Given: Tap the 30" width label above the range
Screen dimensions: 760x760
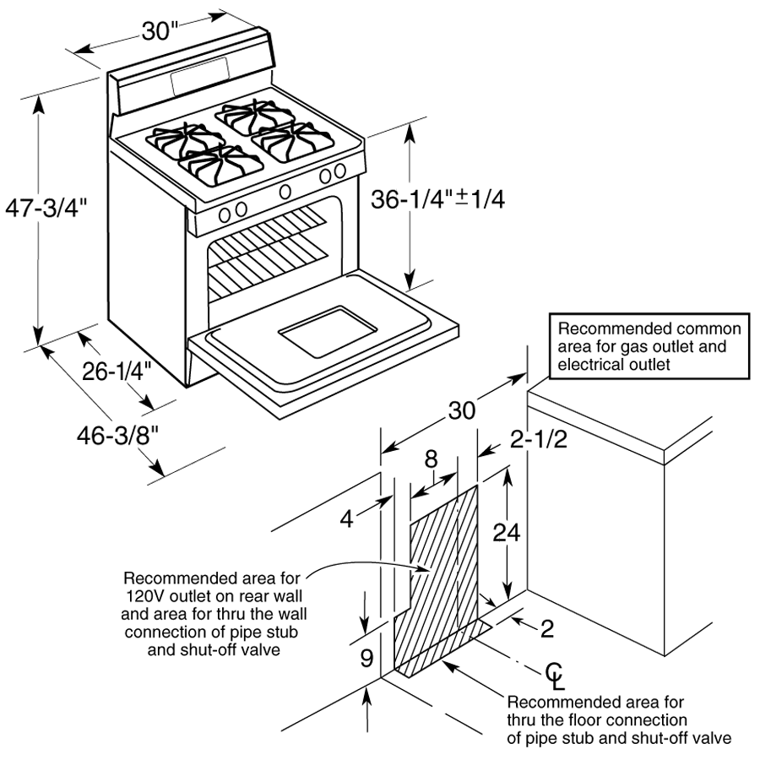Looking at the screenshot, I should (160, 32).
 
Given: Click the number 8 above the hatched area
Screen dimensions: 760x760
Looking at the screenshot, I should (431, 461).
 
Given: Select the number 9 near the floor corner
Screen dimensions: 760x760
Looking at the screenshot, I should (366, 658).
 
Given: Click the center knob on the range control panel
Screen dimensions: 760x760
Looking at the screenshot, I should (285, 190).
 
